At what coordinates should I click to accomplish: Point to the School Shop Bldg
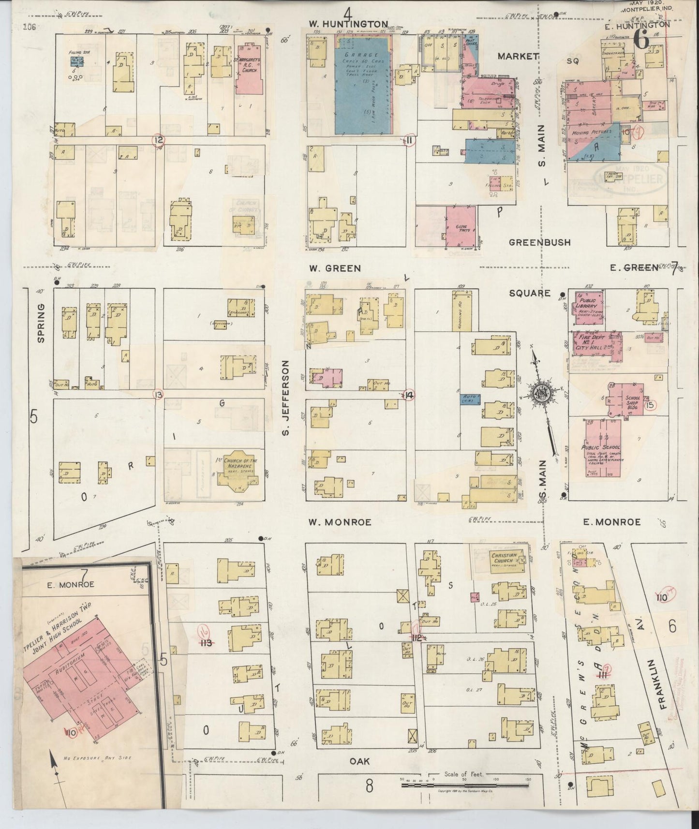(x=627, y=400)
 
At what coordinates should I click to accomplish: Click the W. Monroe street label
(x=340, y=522)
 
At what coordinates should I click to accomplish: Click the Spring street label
(x=41, y=316)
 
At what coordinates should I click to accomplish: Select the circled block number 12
(x=158, y=141)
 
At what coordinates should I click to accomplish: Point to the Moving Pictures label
(x=591, y=132)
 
